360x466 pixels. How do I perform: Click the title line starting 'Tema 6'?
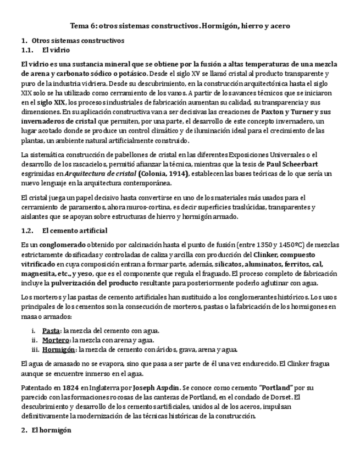pyautogui.click(x=180, y=26)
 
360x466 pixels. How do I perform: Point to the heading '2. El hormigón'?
pyautogui.click(x=46, y=431)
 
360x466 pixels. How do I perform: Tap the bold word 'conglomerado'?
pyautogui.click(x=63, y=245)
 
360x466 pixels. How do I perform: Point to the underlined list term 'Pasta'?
pyautogui.click(x=51, y=330)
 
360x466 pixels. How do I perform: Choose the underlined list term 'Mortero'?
pyautogui.click(x=56, y=340)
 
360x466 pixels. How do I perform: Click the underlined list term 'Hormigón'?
pyautogui.click(x=59, y=349)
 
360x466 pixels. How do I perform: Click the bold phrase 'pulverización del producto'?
pyautogui.click(x=82, y=282)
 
